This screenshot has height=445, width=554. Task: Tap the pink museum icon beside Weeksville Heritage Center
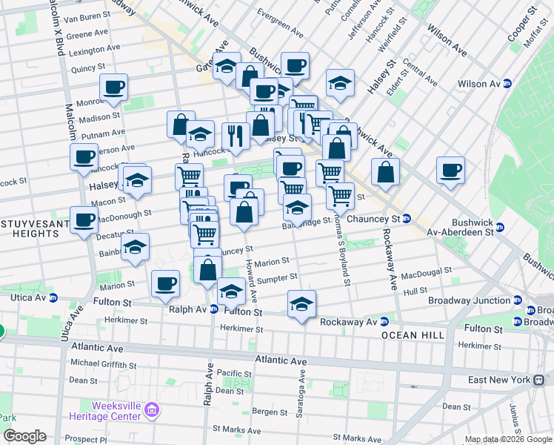(x=153, y=409)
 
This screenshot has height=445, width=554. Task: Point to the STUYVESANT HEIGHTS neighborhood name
(x=30, y=228)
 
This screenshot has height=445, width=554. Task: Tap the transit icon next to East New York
(x=538, y=379)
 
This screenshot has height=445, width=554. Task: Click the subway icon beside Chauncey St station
(x=407, y=219)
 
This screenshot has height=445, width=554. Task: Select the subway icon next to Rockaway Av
(x=384, y=322)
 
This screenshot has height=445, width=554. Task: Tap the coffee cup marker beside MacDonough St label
(x=84, y=219)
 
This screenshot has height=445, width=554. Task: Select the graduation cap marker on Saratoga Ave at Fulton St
(x=301, y=303)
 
